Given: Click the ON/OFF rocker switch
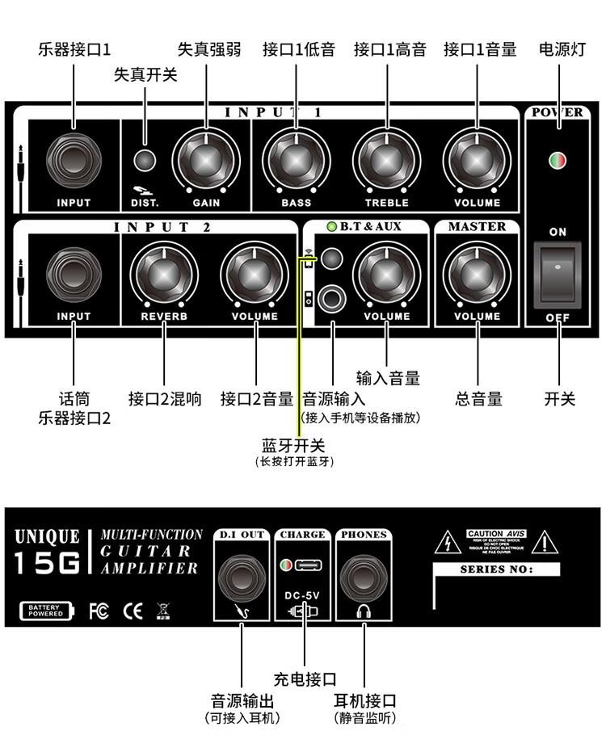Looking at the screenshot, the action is tap(558, 275).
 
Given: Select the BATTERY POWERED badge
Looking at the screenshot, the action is tap(45, 611).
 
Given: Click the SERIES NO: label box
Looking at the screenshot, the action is tap(497, 569).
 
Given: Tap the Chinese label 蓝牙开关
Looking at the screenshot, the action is tap(293, 446).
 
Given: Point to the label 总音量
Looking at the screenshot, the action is tap(478, 398).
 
